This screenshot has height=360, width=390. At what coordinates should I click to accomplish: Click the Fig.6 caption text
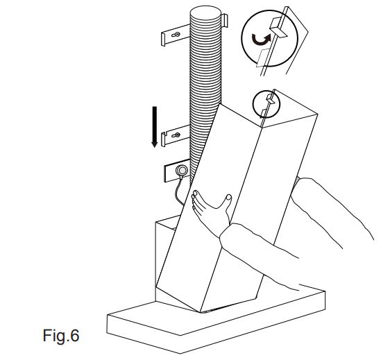pyautogui.click(x=61, y=336)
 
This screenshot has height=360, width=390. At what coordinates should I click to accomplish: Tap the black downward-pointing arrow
pyautogui.click(x=155, y=127)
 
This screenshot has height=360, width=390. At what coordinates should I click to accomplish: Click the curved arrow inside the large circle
pyautogui.click(x=261, y=40)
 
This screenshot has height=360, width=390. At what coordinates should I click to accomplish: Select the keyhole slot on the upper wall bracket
pyautogui.click(x=176, y=35)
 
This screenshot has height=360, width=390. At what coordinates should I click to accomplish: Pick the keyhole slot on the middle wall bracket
pyautogui.click(x=176, y=135)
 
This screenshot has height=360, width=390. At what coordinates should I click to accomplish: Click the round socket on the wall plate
pyautogui.click(x=182, y=171)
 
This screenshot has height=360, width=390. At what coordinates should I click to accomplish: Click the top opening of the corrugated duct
pyautogui.click(x=205, y=13)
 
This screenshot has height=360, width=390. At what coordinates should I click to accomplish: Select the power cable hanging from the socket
pyautogui.click(x=178, y=191)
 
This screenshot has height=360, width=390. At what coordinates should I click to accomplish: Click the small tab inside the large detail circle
pyautogui.click(x=278, y=30)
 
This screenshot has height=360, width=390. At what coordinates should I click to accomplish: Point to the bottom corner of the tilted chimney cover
pyautogui.click(x=201, y=311)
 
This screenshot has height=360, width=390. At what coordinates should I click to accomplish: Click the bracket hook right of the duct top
pyautogui.click(x=224, y=20)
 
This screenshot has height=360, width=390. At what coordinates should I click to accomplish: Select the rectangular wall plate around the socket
pyautogui.click(x=177, y=171)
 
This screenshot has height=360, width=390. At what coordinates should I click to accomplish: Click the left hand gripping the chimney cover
pyautogui.click(x=210, y=212)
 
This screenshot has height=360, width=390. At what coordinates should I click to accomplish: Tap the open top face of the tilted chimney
pyautogui.click(x=290, y=110)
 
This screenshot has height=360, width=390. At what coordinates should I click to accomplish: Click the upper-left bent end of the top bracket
pyautogui.click(x=163, y=39)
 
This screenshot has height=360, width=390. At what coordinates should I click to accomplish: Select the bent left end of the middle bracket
pyautogui.click(x=163, y=139)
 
